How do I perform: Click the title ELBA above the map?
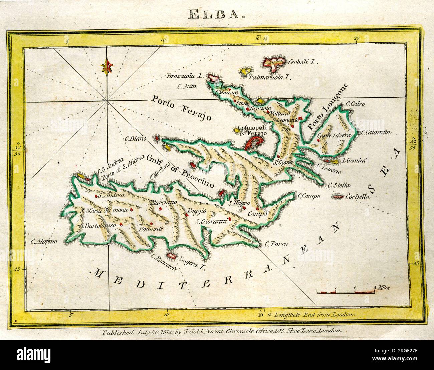(217, 14)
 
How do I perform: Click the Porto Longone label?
(327, 106)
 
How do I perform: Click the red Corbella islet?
(338, 197)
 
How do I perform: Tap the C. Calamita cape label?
(376, 132)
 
